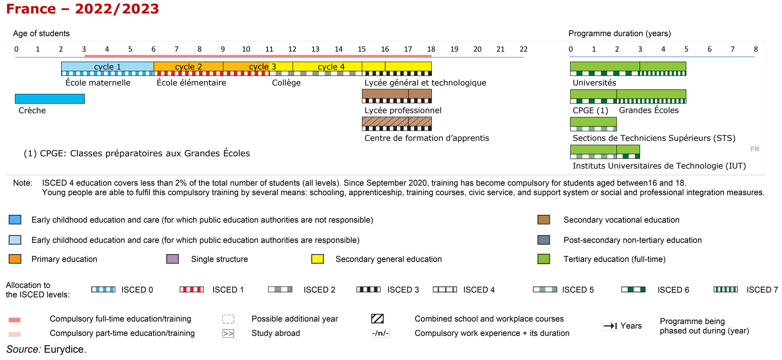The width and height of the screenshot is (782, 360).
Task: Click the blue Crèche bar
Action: point(50,99)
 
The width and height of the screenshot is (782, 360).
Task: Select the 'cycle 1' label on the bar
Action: point(108,67)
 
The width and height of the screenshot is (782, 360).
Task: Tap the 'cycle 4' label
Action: point(331,67)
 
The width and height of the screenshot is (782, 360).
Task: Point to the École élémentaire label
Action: point(191,83)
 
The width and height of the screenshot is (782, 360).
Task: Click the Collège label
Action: point(286,83)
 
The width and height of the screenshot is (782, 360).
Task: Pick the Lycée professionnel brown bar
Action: point(397,94)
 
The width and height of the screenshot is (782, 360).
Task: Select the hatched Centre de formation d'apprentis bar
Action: point(397,122)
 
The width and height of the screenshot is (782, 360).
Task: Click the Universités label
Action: point(594,83)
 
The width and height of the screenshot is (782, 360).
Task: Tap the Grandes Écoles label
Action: point(649,110)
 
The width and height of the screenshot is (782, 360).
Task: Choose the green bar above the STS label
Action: point(593,122)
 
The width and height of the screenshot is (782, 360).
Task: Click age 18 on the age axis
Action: point(431,49)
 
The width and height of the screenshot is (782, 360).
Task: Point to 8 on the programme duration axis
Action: point(756,49)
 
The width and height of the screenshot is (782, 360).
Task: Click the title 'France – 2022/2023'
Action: point(83,9)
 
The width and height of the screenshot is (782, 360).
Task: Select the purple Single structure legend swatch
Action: point(173,259)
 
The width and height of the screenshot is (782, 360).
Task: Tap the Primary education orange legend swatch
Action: point(15,259)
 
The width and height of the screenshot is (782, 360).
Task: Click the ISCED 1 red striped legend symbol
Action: point(192,289)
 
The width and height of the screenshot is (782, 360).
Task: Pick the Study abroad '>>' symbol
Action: point(228,333)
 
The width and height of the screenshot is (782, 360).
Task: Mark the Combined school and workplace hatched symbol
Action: point(378,319)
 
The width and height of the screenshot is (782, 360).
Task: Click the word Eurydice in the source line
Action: point(65,349)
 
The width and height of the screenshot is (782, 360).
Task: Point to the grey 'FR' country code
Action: point(755,149)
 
